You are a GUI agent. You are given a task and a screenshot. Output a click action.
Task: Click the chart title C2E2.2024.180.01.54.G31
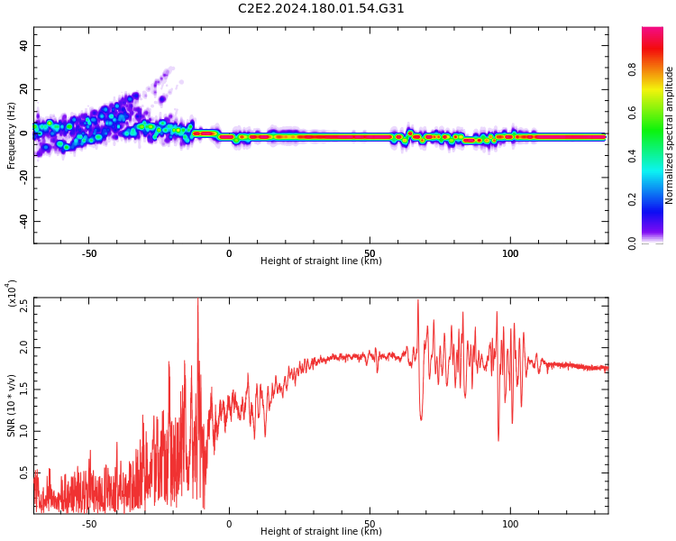321,9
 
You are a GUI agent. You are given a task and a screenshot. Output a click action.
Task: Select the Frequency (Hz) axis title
11,135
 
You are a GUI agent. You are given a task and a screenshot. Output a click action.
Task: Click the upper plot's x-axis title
321,261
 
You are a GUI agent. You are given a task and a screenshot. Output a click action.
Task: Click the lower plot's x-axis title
321,532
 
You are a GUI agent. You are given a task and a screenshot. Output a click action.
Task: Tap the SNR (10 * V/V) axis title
12,406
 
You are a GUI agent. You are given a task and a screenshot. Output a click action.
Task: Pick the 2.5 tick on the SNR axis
23,306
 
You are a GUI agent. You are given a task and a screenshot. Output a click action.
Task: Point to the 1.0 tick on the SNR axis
23,431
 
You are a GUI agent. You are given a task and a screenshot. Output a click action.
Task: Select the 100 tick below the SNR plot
510,523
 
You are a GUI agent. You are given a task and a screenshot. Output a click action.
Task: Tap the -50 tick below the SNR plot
89,523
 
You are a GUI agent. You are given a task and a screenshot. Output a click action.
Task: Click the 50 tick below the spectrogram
370,253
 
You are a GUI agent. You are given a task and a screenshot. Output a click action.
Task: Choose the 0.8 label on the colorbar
633,69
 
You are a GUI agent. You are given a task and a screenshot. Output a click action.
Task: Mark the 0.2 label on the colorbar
633,199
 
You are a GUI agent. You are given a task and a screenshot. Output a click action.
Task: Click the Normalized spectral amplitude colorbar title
670,135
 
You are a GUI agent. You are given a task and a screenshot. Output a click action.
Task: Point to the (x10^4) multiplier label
13,294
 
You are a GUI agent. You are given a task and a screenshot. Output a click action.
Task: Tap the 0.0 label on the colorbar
633,243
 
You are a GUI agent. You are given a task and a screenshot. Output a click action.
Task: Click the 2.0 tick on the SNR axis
23,347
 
